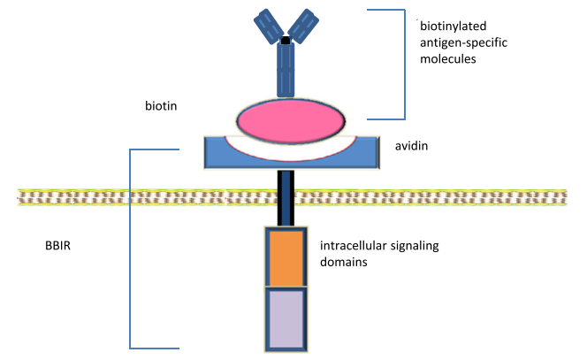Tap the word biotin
(161, 105)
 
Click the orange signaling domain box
(286, 257)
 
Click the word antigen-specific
(461, 42)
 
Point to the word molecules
(448, 59)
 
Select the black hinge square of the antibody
(286, 41)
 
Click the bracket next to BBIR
(131, 248)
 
